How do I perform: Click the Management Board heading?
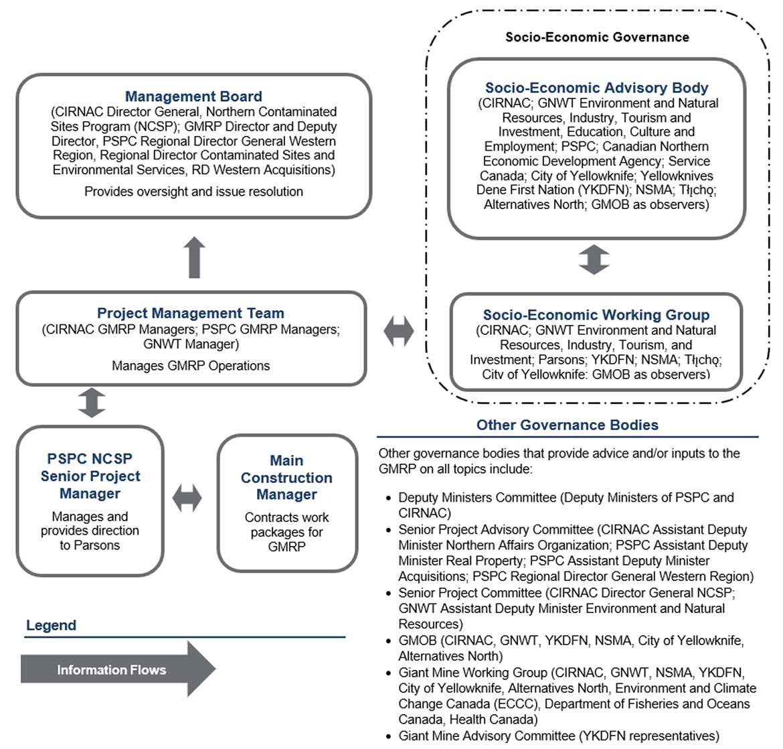(193, 96)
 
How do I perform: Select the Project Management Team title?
(190, 313)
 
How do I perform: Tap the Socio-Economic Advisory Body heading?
(597, 88)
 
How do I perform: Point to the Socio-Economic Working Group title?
(596, 314)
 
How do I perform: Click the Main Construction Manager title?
(286, 477)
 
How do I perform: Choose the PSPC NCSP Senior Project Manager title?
(90, 476)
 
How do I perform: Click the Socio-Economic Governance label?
(597, 37)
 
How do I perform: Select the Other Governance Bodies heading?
(568, 425)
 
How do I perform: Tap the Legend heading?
(52, 625)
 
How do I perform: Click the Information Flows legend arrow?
(118, 669)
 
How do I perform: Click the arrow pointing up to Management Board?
(194, 257)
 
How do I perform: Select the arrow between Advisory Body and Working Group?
(594, 259)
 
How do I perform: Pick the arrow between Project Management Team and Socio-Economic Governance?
(398, 331)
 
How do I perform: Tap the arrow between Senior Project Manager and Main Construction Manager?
(187, 498)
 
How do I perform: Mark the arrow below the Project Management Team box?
(92, 403)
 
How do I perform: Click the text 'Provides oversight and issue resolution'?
(194, 192)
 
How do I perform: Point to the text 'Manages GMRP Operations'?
(191, 366)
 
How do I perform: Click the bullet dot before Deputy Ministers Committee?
(389, 498)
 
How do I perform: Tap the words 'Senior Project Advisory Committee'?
(496, 529)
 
